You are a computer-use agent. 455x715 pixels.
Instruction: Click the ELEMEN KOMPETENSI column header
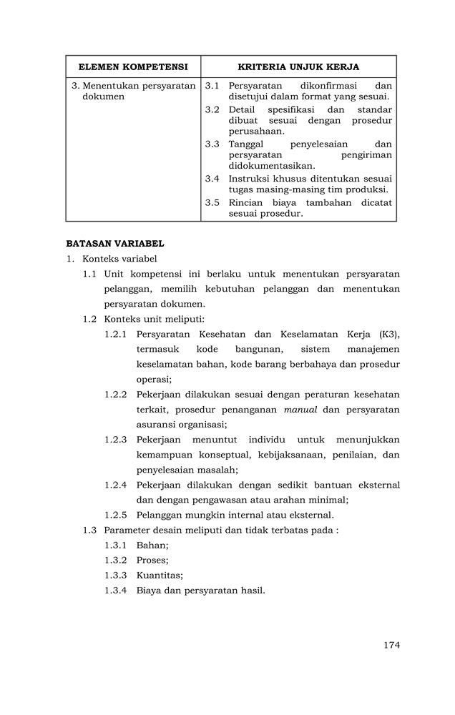click(133, 67)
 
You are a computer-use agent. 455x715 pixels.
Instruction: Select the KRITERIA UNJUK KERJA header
click(298, 67)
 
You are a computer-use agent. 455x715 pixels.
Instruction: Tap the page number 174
click(391, 645)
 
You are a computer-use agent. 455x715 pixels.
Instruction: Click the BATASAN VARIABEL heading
click(115, 243)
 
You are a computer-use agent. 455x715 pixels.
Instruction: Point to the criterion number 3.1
click(212, 86)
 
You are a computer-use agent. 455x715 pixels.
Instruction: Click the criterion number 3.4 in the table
click(212, 179)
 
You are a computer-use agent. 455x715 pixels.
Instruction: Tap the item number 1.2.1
click(115, 335)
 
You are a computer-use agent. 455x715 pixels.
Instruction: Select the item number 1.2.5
click(115, 515)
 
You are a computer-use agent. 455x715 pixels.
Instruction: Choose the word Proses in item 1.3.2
click(152, 560)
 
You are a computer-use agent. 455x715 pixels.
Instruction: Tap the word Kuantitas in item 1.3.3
click(160, 575)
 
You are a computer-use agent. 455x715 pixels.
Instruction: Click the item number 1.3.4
click(115, 591)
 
